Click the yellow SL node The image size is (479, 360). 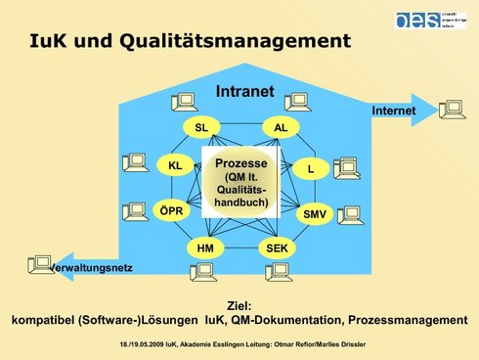coord(202,128)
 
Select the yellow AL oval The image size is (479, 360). coord(281,128)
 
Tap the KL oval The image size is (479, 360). coord(175,166)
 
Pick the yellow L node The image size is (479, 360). coord(310,168)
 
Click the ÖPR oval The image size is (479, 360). coord(171,210)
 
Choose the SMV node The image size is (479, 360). coord(315,212)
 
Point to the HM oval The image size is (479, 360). coord(205,248)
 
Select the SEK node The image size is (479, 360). coord(277,248)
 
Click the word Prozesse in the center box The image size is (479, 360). coord(240,161)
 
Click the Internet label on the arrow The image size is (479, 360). coord(393,112)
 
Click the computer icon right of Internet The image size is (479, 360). coord(452,109)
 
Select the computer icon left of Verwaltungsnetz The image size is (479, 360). coord(40,262)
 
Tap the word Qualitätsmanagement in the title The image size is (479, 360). coord(249,41)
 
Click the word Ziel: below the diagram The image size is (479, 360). coord(239,305)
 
